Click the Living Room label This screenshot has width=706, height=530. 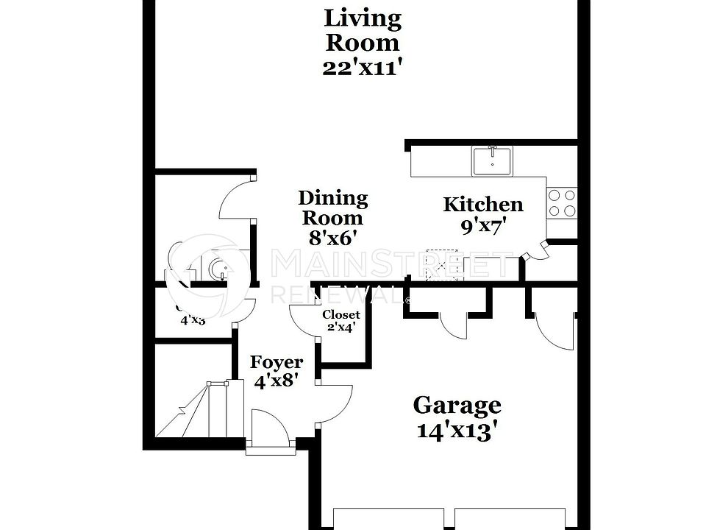click(363, 29)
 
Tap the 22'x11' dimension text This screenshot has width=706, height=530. click(363, 68)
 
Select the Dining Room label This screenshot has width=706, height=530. click(332, 208)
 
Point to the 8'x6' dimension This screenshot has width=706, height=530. click(332, 238)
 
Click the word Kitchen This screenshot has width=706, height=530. click(483, 205)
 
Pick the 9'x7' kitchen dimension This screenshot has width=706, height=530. click(483, 227)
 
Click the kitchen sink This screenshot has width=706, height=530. click(493, 161)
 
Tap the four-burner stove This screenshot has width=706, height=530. click(562, 202)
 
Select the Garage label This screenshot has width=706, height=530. click(457, 405)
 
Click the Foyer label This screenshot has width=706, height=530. click(276, 362)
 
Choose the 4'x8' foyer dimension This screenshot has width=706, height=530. click(276, 382)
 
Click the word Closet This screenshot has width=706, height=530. click(341, 315)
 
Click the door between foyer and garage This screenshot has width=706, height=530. click(335, 403)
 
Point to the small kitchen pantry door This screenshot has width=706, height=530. click(536, 251)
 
